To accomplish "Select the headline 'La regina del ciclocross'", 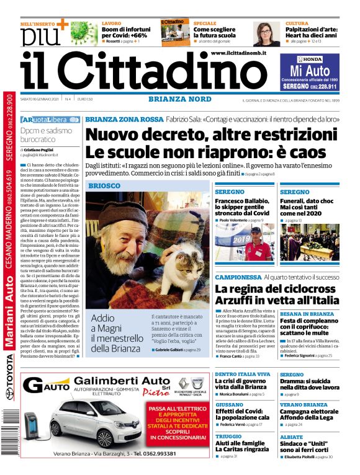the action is (259, 289).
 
